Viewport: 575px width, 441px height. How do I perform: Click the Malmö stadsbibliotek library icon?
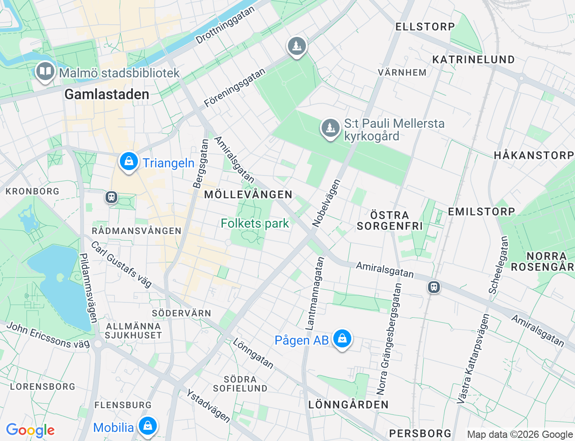coord(45,72)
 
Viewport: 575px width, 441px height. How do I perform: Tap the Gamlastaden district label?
coord(106,94)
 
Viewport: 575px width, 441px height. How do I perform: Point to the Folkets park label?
coord(255,223)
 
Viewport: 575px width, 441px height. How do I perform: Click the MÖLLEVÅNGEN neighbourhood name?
coord(248,194)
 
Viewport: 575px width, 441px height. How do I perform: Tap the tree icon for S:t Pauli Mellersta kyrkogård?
coord(331,128)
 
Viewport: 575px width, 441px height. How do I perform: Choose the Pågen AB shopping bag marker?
coord(342,339)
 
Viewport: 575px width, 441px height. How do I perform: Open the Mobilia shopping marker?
coord(147,425)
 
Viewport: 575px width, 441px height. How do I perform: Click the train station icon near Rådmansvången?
coord(111,197)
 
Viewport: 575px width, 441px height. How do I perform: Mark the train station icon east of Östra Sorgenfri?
coord(433,287)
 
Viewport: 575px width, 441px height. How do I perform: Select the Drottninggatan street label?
coord(225,25)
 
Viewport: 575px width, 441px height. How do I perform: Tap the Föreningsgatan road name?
coord(234,88)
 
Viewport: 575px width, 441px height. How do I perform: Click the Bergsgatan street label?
coord(200,164)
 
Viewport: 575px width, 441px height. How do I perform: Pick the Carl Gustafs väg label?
coord(121,265)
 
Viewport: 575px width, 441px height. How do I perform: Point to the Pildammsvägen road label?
coord(88,288)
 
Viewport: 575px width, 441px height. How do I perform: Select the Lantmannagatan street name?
coord(314,292)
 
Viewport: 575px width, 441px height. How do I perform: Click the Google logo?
coord(30,430)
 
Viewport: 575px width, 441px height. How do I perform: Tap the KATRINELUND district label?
coord(473,59)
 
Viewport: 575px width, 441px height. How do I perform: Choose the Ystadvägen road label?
coord(208,406)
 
